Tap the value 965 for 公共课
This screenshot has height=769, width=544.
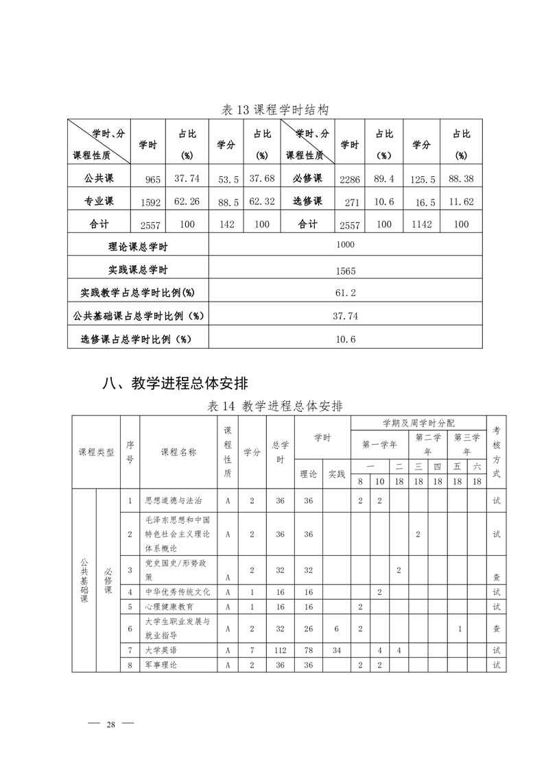pyautogui.click(x=152, y=180)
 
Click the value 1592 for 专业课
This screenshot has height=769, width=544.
pyautogui.click(x=150, y=202)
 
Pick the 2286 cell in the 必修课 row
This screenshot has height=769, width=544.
pyautogui.click(x=350, y=180)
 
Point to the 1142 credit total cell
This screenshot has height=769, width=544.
pyautogui.click(x=421, y=225)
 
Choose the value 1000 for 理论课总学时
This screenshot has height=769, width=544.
pyautogui.click(x=346, y=245)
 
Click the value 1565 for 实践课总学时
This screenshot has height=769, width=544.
pyautogui.click(x=346, y=271)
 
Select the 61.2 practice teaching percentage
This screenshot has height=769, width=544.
pyautogui.click(x=346, y=293)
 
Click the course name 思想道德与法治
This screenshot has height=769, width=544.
pyautogui.click(x=174, y=501)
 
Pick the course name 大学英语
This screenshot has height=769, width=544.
pyautogui.click(x=161, y=648)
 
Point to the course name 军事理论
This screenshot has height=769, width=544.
pyautogui.click(x=161, y=665)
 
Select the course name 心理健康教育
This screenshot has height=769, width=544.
pyautogui.click(x=169, y=607)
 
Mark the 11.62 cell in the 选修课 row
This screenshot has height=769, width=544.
pyautogui.click(x=462, y=202)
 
